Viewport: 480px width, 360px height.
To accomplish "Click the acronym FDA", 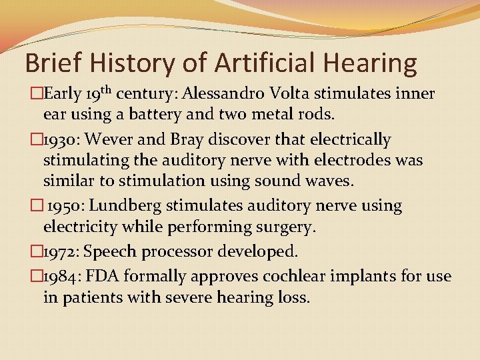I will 105,275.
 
